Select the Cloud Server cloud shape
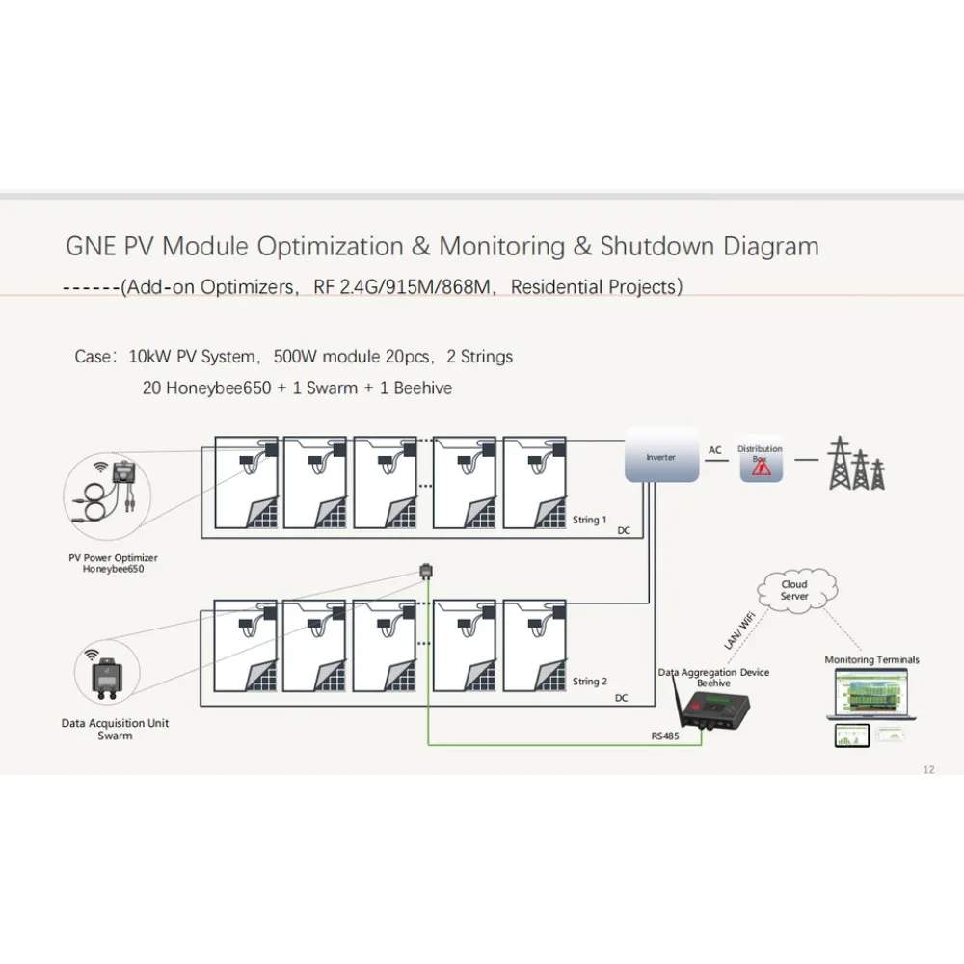[x=794, y=590]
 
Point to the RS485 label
[x=664, y=735]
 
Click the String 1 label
[x=589, y=520]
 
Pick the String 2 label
[x=589, y=682]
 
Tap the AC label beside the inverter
[x=715, y=450]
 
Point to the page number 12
[x=928, y=769]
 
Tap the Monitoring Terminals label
[x=871, y=660]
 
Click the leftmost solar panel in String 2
[x=246, y=646]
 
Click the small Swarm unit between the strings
[x=426, y=572]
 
